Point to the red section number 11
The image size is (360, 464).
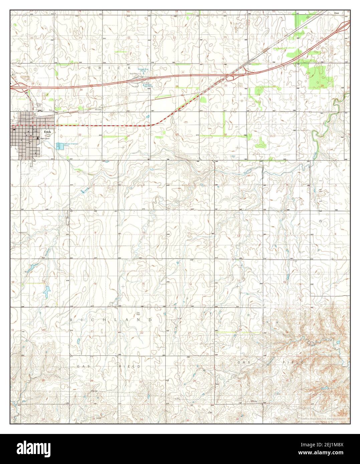(189, 233)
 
